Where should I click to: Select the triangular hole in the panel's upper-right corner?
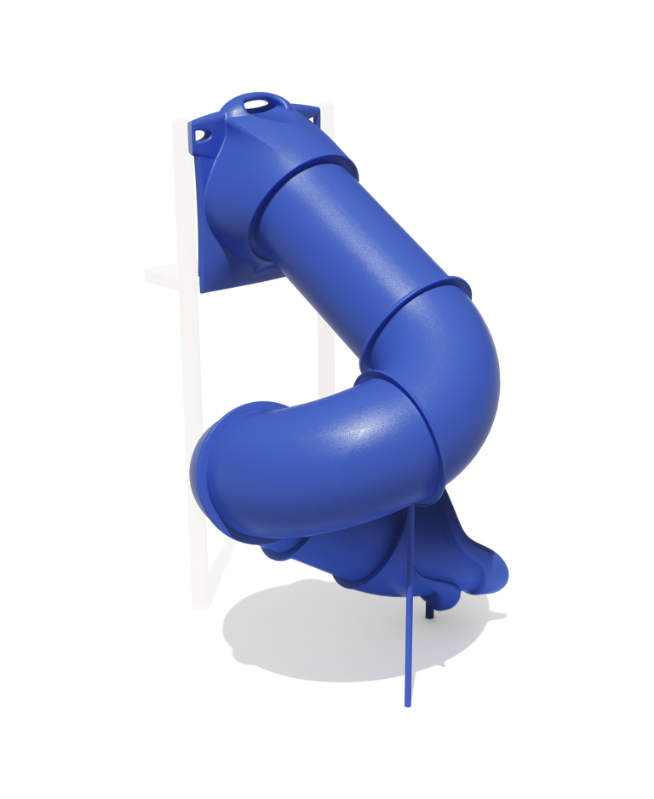tap(313, 117)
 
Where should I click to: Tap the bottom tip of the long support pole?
tap(407, 704)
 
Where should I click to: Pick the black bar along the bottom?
tap(327, 762)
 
